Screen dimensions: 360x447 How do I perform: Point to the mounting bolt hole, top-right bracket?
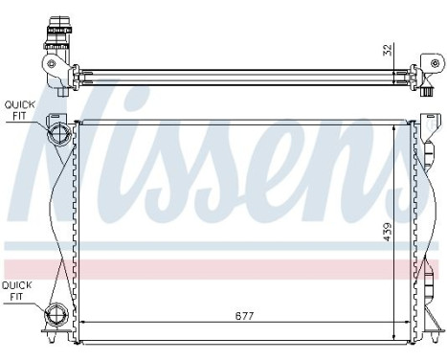pyautogui.click(x=414, y=72)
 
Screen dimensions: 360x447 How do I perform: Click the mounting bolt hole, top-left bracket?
pyautogui.click(x=49, y=66)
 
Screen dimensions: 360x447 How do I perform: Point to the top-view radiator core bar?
pyautogui.click(x=239, y=70)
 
